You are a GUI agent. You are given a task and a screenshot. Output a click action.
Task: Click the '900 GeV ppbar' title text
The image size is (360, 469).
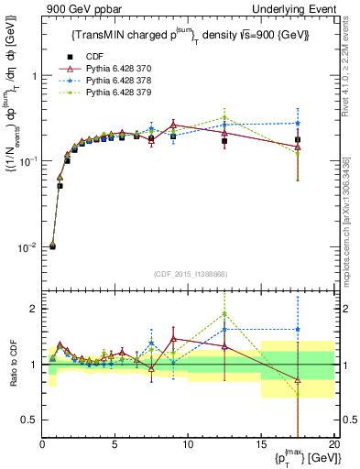click(x=80, y=10)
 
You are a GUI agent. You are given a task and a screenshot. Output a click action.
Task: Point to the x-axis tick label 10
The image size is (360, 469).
click(x=188, y=444)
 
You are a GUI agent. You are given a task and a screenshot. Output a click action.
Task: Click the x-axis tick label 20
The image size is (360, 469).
click(x=333, y=444)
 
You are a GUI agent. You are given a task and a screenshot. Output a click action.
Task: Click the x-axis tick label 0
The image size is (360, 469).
click(x=42, y=444)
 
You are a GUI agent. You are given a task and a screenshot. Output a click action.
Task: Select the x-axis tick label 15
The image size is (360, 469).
click(x=261, y=444)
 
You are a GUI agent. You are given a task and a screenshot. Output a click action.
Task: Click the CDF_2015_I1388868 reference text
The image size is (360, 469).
click(x=189, y=273)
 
